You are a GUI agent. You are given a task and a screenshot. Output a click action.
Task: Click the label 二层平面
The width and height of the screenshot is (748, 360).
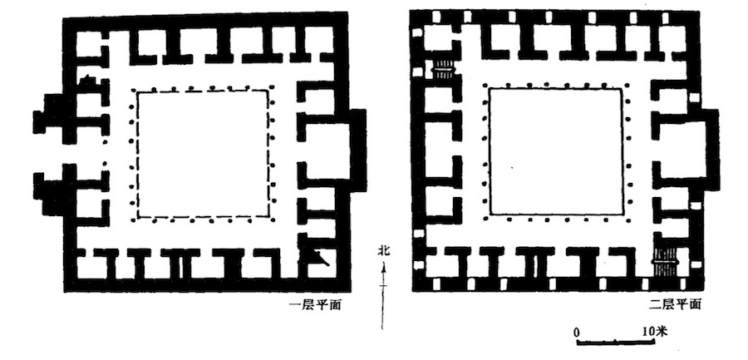(x=675, y=304)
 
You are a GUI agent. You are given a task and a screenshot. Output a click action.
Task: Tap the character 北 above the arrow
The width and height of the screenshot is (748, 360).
(x=383, y=251)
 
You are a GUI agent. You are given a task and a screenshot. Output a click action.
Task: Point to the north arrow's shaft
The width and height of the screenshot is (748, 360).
(x=382, y=297)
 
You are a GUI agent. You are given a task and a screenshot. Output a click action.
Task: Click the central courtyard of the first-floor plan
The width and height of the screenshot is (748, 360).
(x=204, y=154)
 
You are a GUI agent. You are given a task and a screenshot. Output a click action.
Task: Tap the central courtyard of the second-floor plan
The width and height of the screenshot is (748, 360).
(x=556, y=150)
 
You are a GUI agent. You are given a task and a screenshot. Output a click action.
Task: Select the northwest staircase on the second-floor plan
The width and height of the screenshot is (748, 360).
(x=444, y=68)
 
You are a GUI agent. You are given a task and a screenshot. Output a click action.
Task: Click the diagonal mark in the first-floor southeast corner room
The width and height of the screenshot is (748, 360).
(x=319, y=258)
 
